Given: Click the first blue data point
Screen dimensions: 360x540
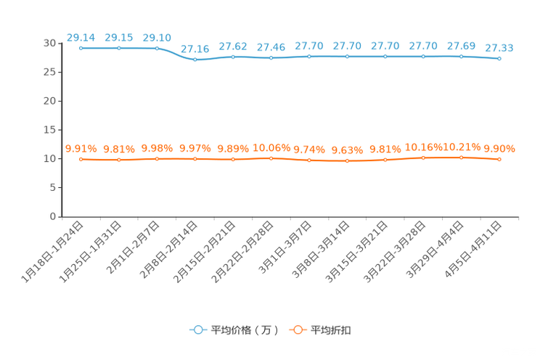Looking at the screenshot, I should click(81, 48).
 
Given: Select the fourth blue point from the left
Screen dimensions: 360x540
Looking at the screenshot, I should click(195, 60).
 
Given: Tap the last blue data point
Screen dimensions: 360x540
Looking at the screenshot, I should click(499, 59).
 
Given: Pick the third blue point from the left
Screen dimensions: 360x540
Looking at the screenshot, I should click(157, 48).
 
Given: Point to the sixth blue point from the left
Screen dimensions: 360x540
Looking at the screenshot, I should click(271, 57).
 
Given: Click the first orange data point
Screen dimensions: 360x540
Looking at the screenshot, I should click(81, 159).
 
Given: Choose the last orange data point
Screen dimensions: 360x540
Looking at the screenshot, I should click(499, 159).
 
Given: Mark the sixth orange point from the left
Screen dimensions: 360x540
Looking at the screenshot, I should click(271, 158).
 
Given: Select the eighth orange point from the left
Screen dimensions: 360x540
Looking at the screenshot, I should click(347, 160).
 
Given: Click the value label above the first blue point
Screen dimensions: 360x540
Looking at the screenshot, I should click(81, 36).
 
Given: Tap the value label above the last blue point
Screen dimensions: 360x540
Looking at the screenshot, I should click(499, 47).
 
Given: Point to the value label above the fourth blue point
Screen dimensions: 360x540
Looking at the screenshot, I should click(195, 49).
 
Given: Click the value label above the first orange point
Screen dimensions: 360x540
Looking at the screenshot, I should click(81, 149).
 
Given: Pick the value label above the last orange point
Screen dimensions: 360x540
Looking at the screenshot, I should click(499, 149).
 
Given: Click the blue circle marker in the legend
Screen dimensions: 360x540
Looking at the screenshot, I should click(197, 330).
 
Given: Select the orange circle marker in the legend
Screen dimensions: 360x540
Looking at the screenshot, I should click(297, 330).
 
